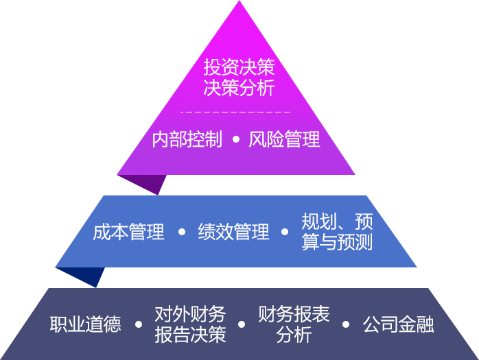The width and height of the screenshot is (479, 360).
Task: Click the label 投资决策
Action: tap(239, 67)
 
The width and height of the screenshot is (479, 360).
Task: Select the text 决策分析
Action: tap(239, 88)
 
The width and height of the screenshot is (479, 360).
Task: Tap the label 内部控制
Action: tap(187, 140)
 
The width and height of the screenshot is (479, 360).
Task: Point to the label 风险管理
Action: tap(284, 140)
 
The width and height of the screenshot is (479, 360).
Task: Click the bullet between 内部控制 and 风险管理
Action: tap(235, 140)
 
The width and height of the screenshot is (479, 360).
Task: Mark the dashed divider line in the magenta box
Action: tap(235, 112)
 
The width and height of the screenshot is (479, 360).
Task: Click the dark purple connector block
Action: tap(141, 185)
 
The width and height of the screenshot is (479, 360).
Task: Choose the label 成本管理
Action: tap(128, 232)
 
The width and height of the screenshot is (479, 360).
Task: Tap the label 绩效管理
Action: tap(233, 232)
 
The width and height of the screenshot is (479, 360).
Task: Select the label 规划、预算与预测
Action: tap(337, 232)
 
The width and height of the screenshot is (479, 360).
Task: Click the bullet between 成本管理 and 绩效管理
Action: tap(181, 232)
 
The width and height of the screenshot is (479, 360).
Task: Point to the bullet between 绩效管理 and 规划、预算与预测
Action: tap(285, 232)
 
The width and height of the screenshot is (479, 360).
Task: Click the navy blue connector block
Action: tap(80, 277)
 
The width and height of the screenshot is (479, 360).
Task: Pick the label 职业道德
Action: tap(85, 324)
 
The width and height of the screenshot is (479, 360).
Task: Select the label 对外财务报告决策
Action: tap(190, 324)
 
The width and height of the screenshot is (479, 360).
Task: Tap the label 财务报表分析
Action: tap(294, 324)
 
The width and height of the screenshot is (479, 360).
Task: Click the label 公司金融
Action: tap(398, 324)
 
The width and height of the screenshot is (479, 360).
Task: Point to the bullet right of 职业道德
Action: tap(139, 324)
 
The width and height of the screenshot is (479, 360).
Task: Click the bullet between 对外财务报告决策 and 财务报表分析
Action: tap(242, 324)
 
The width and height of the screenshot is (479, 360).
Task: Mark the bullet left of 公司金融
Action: tap(346, 324)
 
